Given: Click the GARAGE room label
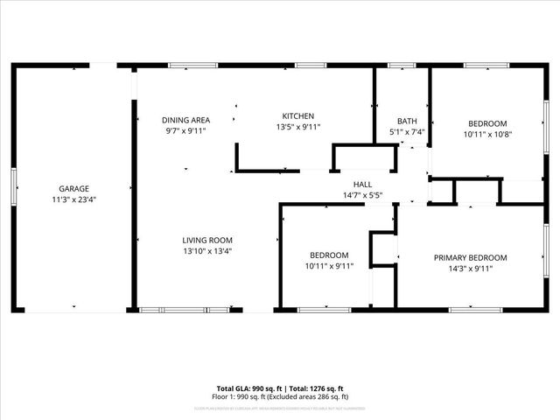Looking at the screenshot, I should click(73, 188).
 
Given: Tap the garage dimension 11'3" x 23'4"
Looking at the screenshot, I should click(73, 199).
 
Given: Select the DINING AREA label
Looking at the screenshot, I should click(185, 120).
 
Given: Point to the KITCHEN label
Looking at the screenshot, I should click(297, 116).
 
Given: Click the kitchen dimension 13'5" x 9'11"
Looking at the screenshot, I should click(297, 127).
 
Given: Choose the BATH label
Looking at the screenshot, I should click(407, 122).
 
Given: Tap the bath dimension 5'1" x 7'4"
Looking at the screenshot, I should click(407, 132).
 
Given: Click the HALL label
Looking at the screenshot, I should click(362, 184).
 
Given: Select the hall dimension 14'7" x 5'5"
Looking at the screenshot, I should click(362, 194).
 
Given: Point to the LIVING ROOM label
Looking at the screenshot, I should click(207, 240).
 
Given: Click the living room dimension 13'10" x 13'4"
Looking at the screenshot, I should click(207, 251).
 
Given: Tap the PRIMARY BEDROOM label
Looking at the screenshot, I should click(471, 257).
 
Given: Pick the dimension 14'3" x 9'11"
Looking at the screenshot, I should click(471, 269).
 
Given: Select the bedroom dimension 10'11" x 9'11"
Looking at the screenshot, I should click(329, 266).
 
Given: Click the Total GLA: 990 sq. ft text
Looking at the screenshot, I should click(247, 388).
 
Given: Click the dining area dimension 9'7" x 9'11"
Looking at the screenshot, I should click(185, 130).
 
